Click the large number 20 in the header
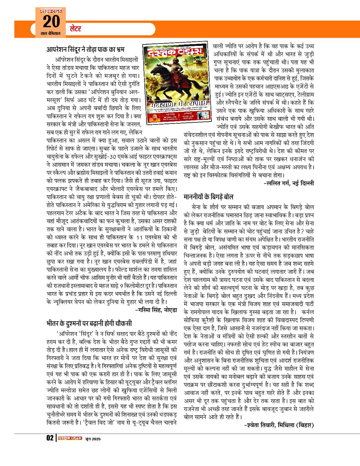(52, 21)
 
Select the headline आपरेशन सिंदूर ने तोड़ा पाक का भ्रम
(87, 49)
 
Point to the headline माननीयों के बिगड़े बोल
(209, 196)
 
